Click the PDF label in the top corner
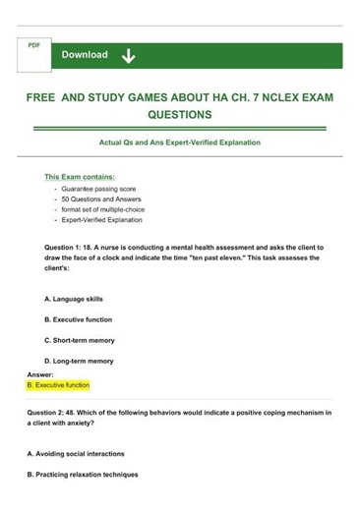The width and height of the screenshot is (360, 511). point(32,45)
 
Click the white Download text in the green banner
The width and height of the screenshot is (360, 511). point(85,55)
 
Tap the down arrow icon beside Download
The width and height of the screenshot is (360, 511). point(128,56)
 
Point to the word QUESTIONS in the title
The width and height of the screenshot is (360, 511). point(179,115)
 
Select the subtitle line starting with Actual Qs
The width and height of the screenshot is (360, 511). point(179,142)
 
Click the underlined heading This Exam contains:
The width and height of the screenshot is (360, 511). point(80,176)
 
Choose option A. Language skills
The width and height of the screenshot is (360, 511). point(74,298)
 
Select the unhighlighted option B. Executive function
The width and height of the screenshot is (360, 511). point(78,319)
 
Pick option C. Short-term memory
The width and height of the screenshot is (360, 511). point(80,340)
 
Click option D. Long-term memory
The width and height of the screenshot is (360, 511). point(79,361)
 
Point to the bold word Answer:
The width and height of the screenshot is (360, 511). point(40,374)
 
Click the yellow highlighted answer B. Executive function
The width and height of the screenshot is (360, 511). point(58,385)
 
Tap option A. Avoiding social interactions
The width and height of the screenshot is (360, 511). point(84,454)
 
